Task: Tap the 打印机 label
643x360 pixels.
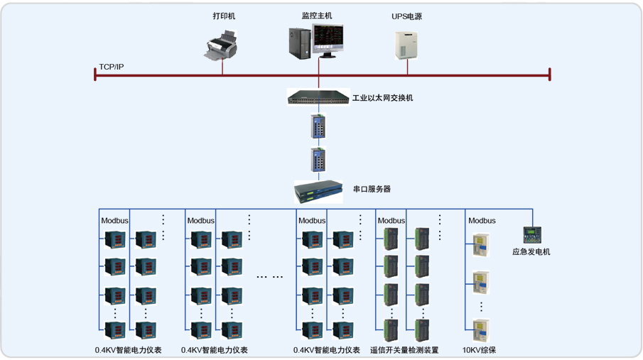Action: click(224, 16)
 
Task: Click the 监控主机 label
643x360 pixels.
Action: click(317, 15)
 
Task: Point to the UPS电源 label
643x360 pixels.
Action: click(406, 16)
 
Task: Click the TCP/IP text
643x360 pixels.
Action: click(111, 67)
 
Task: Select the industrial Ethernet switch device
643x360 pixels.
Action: click(318, 97)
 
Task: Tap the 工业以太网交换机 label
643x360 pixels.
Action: click(382, 98)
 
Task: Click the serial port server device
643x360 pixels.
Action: click(318, 190)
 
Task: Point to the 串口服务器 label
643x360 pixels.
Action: click(372, 190)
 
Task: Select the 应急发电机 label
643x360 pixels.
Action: click(531, 252)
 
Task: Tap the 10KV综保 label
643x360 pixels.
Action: click(479, 350)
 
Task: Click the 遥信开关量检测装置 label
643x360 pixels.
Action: click(404, 350)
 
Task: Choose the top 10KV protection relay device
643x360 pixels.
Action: click(481, 246)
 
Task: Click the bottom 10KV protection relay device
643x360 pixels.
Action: click(481, 330)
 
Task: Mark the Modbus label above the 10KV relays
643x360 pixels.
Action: click(482, 221)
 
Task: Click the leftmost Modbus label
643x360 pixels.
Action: click(114, 221)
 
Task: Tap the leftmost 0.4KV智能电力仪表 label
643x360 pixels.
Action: click(128, 350)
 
